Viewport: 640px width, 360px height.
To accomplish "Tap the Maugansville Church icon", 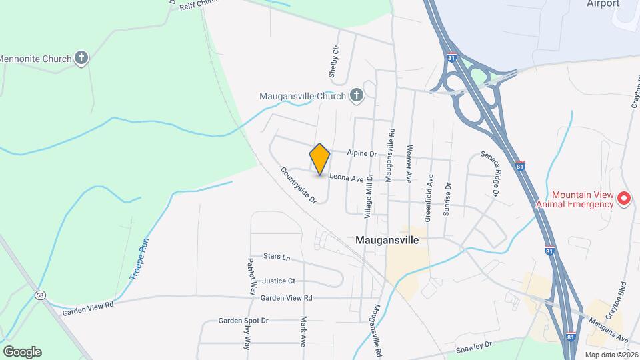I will (x=357, y=96).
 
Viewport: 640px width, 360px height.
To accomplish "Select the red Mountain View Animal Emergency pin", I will (x=623, y=198).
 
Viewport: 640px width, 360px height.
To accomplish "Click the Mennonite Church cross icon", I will (x=81, y=59).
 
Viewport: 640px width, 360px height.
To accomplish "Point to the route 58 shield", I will (x=41, y=294).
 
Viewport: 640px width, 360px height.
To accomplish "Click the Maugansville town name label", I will (x=387, y=240).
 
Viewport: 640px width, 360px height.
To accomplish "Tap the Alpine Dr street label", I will (x=362, y=153).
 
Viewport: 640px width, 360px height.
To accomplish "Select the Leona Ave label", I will (x=346, y=179).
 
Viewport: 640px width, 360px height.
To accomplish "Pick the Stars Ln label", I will (x=277, y=257).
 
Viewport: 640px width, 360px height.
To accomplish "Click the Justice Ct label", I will (x=279, y=281).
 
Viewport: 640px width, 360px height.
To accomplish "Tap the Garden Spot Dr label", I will (x=243, y=321).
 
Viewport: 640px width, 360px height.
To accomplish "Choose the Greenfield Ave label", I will (x=429, y=198).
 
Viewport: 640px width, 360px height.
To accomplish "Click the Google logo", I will (x=22, y=352).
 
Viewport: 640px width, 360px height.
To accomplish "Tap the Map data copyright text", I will (x=611, y=355).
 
